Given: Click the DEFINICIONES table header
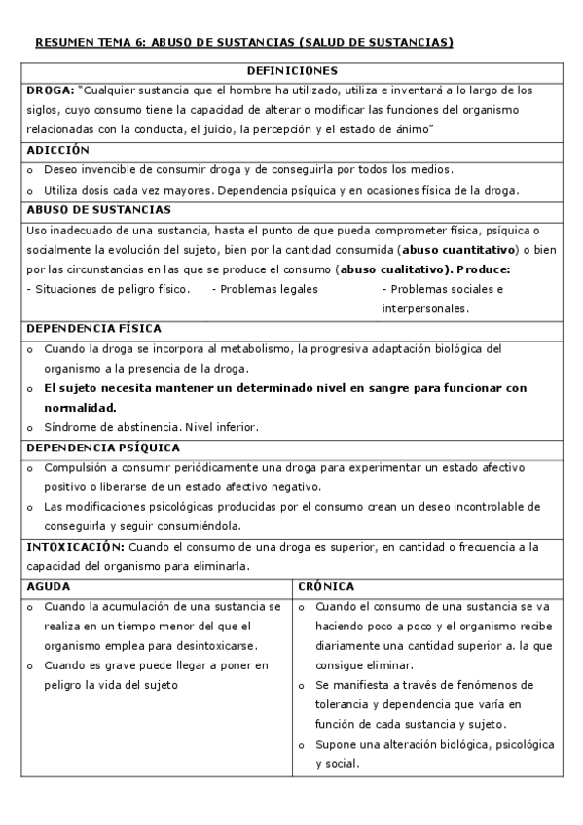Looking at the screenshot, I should point(292,71).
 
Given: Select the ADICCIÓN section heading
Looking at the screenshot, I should point(57,150).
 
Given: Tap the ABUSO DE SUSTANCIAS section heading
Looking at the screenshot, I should point(98,210).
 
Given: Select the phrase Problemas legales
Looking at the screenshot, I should point(269,289).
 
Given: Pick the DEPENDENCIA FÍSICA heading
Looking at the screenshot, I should point(93,329).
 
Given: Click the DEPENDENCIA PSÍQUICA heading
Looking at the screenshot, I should point(102,448).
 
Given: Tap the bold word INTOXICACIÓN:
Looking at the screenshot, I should point(74,547).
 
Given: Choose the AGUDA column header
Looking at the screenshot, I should point(48,587).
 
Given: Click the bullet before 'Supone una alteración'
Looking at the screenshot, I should point(303,745).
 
